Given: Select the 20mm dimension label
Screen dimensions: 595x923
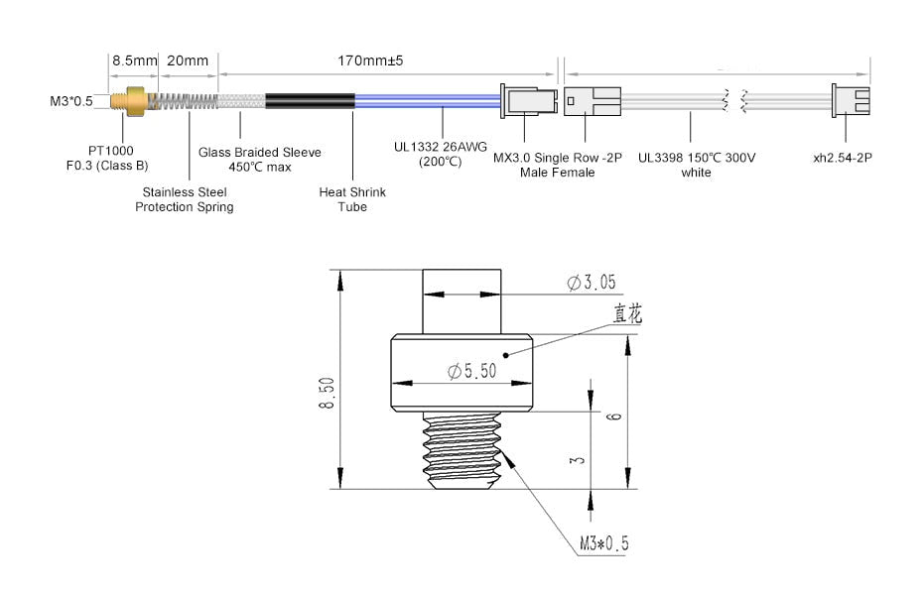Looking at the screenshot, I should click(x=188, y=60).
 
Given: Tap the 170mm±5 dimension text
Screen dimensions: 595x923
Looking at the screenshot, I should click(x=370, y=60).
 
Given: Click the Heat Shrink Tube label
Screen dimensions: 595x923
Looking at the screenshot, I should click(x=351, y=199).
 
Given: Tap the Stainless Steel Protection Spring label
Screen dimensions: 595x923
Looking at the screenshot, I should click(x=185, y=199).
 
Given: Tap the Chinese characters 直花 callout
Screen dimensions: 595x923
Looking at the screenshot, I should click(x=627, y=315).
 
